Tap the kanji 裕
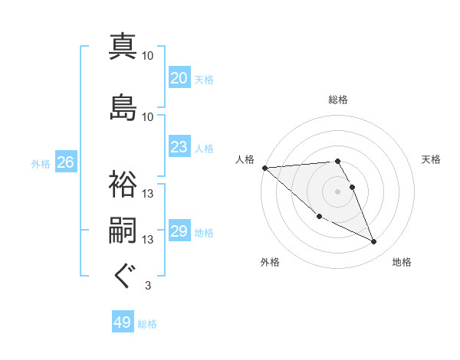[x=123, y=184]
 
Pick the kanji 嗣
[x=123, y=231]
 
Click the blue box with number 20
[x=179, y=78]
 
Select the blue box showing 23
[x=179, y=147]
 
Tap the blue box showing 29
[x=179, y=231]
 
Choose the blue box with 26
[x=65, y=162]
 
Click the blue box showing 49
[x=122, y=323]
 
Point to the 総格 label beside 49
[x=147, y=324]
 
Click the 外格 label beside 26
[x=41, y=163]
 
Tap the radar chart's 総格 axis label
[x=338, y=100]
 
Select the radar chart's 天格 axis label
[x=431, y=159]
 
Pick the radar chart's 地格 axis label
[x=402, y=263]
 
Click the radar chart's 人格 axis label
[x=245, y=159]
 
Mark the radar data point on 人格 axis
[x=264, y=168]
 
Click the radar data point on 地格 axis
[x=374, y=242]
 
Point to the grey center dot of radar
[x=338, y=191]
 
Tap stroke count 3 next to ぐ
[x=147, y=286]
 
